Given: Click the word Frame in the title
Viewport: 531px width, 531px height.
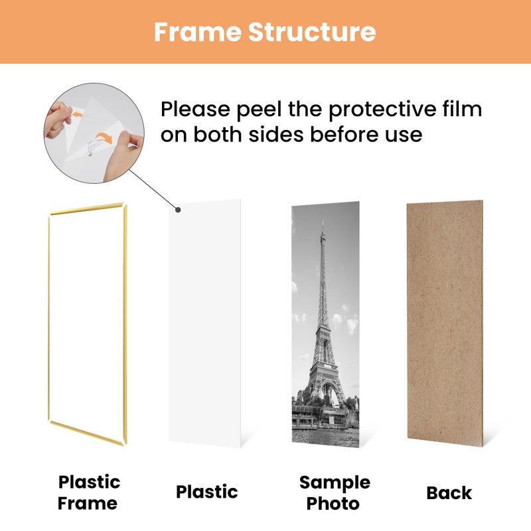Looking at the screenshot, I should coord(197,31).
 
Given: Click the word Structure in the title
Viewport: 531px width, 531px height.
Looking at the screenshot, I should coord(312,31).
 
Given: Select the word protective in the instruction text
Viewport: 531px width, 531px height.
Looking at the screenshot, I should coord(392,109).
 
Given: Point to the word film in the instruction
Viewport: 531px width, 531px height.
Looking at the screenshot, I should coord(464,109).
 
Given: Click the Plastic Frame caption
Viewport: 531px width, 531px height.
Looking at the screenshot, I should coord(89,492).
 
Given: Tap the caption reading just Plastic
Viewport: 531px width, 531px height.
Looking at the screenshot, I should coord(206,492).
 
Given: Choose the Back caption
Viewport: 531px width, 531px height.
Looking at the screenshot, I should coord(449,493).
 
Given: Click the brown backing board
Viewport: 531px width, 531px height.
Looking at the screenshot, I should coord(445,325).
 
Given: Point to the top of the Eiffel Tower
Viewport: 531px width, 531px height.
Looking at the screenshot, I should coord(323,226).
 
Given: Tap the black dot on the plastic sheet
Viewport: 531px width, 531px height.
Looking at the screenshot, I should coord(178,211).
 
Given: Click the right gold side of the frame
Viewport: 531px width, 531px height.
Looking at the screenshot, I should coord(123,325).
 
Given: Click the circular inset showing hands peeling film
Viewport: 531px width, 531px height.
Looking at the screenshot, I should coord(92,126).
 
